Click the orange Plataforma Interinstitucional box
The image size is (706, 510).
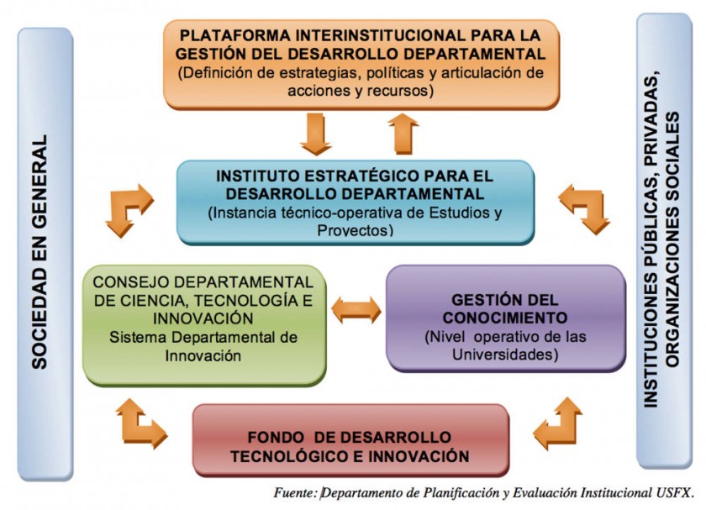(361, 64)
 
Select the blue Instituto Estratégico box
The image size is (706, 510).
(356, 202)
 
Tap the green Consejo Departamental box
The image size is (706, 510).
(204, 325)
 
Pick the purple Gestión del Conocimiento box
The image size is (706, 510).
(506, 318)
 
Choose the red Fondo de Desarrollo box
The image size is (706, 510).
(350, 440)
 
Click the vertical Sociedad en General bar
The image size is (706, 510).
(45, 255)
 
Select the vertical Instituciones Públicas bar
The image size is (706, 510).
(664, 241)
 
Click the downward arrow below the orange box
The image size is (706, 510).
(316, 134)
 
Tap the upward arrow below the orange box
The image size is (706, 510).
(403, 134)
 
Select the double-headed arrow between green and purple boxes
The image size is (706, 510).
(356, 310)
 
